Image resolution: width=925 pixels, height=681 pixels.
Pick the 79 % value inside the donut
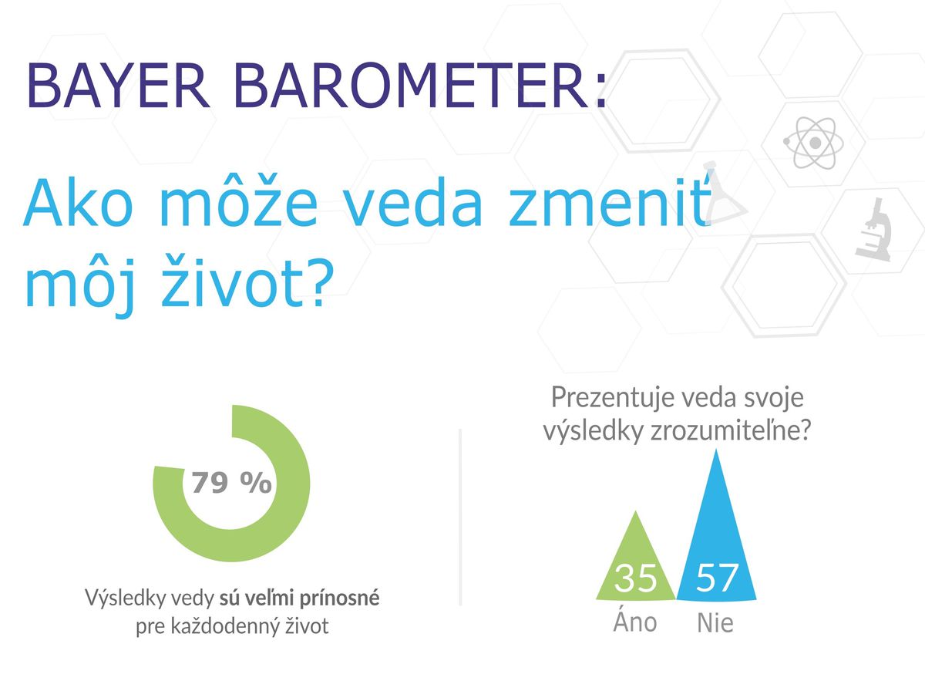(x=231, y=483)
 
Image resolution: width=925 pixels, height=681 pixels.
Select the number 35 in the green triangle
(x=635, y=577)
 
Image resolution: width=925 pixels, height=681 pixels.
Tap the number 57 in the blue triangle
(x=716, y=577)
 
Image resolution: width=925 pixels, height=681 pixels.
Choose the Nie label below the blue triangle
(x=715, y=622)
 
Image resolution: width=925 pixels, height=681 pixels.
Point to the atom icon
(x=813, y=143)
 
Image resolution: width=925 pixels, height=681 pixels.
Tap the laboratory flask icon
(x=725, y=194)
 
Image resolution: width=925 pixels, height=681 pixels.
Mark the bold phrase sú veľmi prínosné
(x=299, y=598)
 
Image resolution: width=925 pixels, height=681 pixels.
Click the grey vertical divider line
(x=460, y=517)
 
